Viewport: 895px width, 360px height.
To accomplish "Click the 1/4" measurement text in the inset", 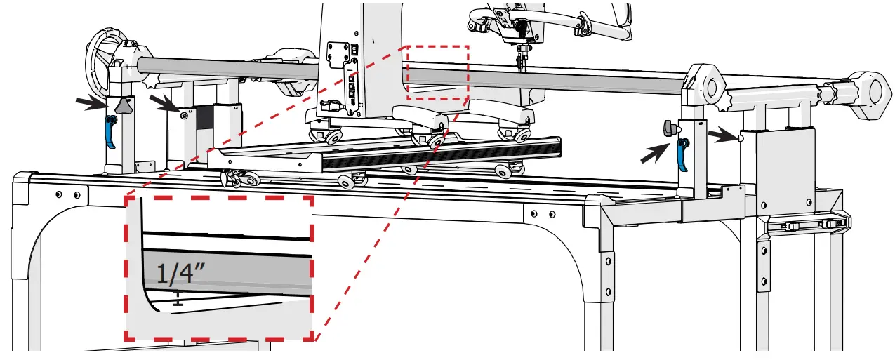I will (175, 273).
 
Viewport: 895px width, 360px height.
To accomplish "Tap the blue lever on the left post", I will (110, 132).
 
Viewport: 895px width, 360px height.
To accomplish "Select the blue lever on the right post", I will (682, 154).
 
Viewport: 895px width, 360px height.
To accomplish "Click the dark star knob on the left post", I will (124, 106).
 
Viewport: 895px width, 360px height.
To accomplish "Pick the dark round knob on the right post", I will (668, 128).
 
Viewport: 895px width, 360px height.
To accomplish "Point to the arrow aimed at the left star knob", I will (93, 103).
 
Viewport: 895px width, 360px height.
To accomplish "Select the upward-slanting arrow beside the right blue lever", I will (655, 153).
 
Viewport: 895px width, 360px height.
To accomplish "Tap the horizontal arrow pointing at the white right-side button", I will (720, 133).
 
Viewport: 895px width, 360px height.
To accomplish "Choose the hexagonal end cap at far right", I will (868, 90).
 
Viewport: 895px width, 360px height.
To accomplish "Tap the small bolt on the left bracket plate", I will (184, 114).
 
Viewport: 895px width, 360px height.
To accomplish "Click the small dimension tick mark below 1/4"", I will (178, 299).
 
